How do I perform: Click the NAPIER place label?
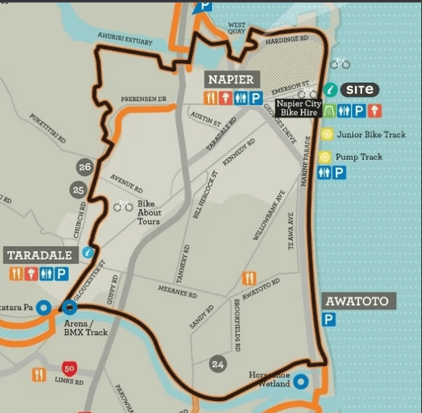coord(231,80)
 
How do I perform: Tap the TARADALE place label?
coord(40,255)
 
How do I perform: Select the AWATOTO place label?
coord(356,301)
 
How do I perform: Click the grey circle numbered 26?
coord(84,167)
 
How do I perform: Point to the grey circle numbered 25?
coord(79,191)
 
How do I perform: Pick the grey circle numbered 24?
coord(217,364)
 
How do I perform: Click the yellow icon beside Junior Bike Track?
coord(326,134)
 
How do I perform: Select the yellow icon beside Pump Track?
coord(324,157)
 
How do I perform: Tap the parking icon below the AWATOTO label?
coord(329,320)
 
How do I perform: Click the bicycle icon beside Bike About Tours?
coord(123,206)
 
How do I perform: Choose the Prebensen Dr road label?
coord(143,99)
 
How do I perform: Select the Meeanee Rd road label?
coord(177,291)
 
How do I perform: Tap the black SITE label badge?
coord(360,90)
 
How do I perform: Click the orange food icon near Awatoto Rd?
coord(249,278)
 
